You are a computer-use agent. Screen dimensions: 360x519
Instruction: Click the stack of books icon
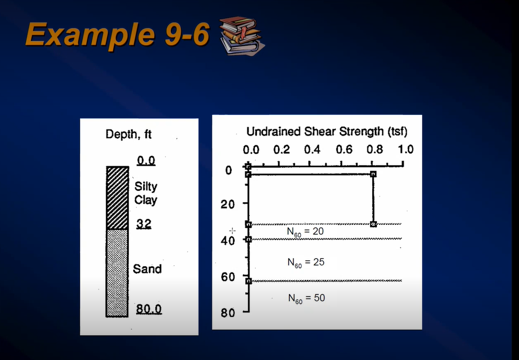242,35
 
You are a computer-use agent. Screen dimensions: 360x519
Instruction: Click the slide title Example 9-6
117,35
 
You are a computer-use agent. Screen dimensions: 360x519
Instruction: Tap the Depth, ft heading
128,134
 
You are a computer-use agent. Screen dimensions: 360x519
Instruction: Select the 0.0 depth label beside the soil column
146,160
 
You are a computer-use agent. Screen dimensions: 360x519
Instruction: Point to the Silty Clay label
145,193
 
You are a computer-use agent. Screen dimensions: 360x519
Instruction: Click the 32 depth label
144,224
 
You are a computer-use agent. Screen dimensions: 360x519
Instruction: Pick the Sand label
147,269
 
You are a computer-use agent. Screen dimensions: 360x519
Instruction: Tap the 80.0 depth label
149,309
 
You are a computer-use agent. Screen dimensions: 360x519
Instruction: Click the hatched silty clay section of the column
117,198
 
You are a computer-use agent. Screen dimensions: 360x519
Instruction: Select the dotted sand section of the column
117,272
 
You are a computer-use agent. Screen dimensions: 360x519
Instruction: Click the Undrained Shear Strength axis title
327,131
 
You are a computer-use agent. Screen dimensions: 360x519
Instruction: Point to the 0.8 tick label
374,149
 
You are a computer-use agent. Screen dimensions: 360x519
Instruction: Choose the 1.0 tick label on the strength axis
405,149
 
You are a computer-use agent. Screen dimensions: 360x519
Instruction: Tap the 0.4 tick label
313,149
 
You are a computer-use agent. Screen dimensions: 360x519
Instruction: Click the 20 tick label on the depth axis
227,204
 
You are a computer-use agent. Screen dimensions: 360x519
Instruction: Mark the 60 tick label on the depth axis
227,277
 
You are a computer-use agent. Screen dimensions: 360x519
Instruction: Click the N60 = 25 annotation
306,262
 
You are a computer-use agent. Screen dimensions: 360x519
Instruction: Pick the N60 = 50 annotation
306,298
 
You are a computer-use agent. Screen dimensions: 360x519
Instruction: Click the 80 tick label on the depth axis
227,313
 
